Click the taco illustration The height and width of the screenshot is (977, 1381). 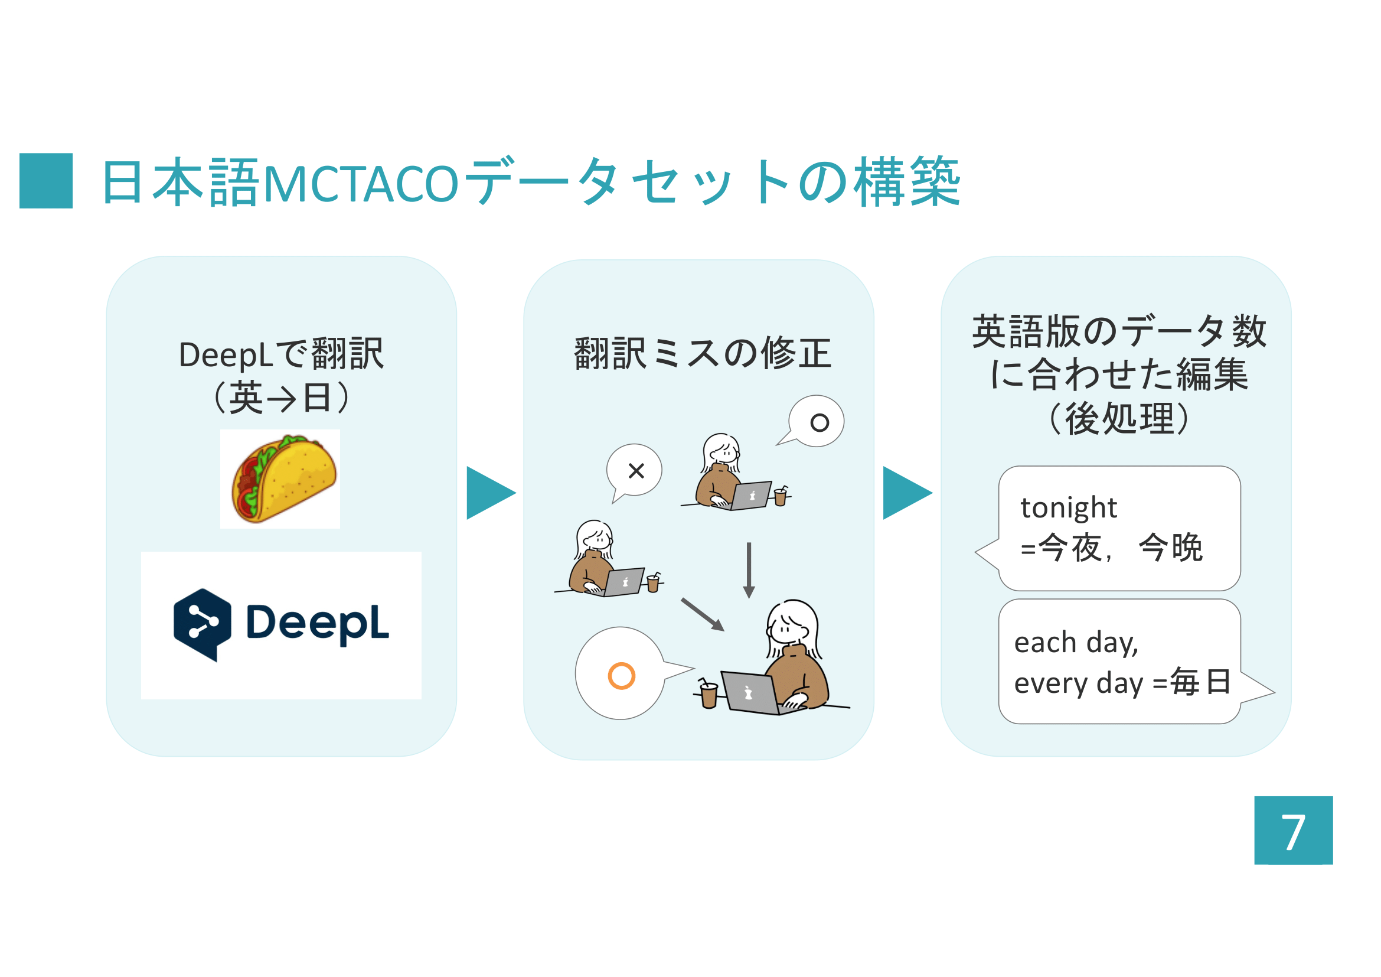point(283,478)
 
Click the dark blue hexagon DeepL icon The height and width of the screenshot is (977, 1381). point(202,624)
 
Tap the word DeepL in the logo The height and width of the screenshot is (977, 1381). point(318,623)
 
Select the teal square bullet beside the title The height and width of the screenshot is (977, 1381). point(45,181)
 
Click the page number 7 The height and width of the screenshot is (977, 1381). point(1293,832)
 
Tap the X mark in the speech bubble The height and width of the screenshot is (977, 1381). point(636,470)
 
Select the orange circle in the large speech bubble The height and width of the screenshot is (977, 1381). point(621,676)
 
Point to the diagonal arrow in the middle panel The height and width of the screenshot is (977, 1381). point(703,614)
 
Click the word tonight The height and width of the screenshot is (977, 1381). point(1069,507)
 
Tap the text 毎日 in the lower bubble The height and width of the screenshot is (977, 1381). point(1200,682)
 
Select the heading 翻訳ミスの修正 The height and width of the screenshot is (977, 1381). point(703,353)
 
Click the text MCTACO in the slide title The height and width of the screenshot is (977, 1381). point(361,184)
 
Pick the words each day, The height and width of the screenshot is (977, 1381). point(1076,643)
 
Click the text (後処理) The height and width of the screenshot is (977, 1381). point(1119,419)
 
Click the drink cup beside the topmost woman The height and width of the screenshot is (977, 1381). point(780,496)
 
